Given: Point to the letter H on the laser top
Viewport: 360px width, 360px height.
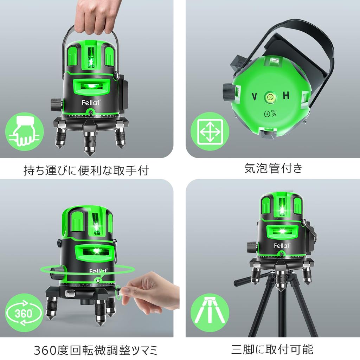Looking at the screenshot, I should [286, 96].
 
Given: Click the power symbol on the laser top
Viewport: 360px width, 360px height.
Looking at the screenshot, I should [267, 114].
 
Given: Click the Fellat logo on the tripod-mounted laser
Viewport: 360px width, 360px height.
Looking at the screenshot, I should [281, 245].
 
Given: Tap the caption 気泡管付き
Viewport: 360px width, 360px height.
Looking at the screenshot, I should [273, 168].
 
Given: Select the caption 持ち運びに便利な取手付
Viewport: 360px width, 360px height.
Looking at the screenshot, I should [86, 171].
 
